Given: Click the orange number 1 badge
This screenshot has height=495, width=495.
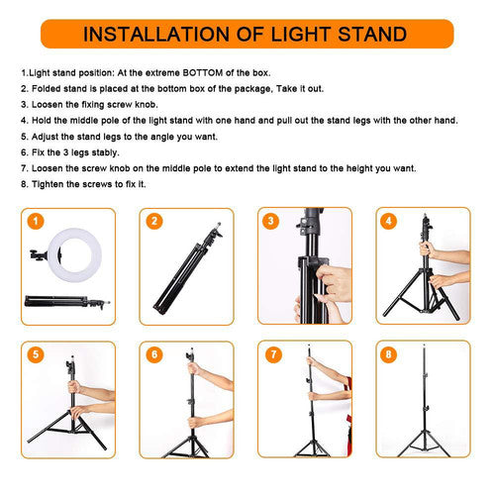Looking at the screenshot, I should coord(36,221).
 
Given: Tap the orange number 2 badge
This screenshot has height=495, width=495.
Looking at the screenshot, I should coord(154,221).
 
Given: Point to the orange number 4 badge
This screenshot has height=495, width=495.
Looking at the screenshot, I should coord(390,221).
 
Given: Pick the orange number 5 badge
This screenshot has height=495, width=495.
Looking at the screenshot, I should coord(36,353).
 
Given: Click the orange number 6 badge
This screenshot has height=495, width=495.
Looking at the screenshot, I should coord(154,353).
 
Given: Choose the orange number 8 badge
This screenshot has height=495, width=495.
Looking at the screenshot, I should coord(390,353).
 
